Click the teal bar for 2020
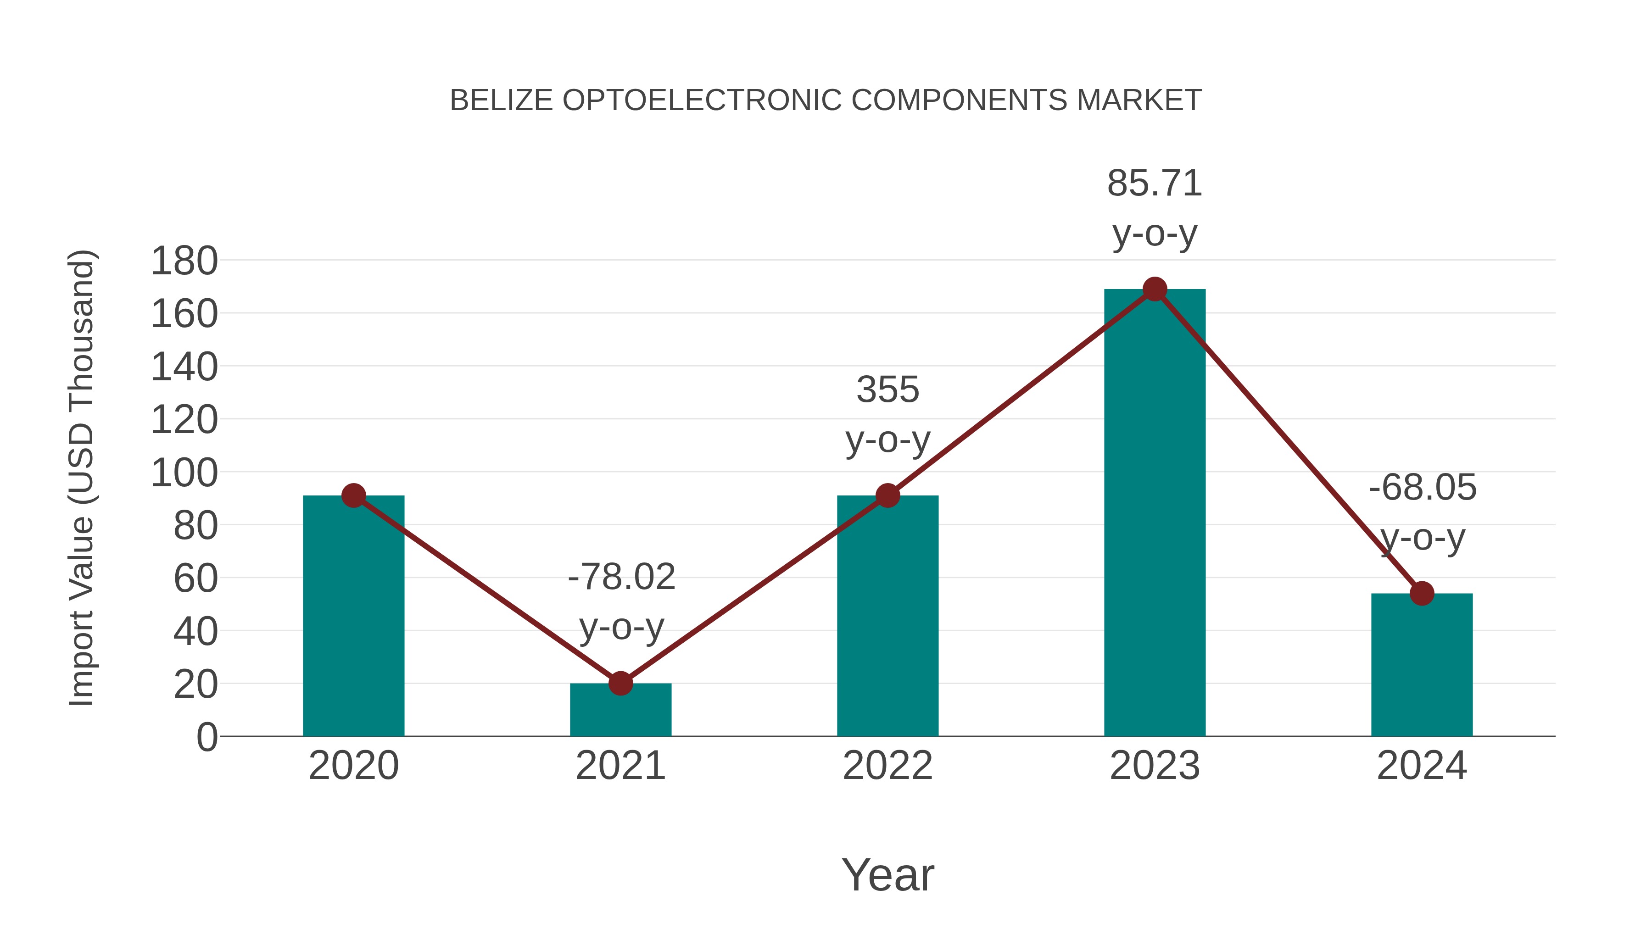click(353, 616)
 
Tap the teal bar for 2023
click(1155, 513)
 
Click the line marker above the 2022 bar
click(887, 495)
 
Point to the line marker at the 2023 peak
click(1155, 289)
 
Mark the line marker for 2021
click(620, 684)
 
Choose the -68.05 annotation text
click(1423, 487)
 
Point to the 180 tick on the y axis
click(184, 261)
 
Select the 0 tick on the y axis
click(206, 737)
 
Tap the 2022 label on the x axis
click(887, 766)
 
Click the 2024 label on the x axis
click(1422, 766)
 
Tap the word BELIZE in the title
click(502, 100)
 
